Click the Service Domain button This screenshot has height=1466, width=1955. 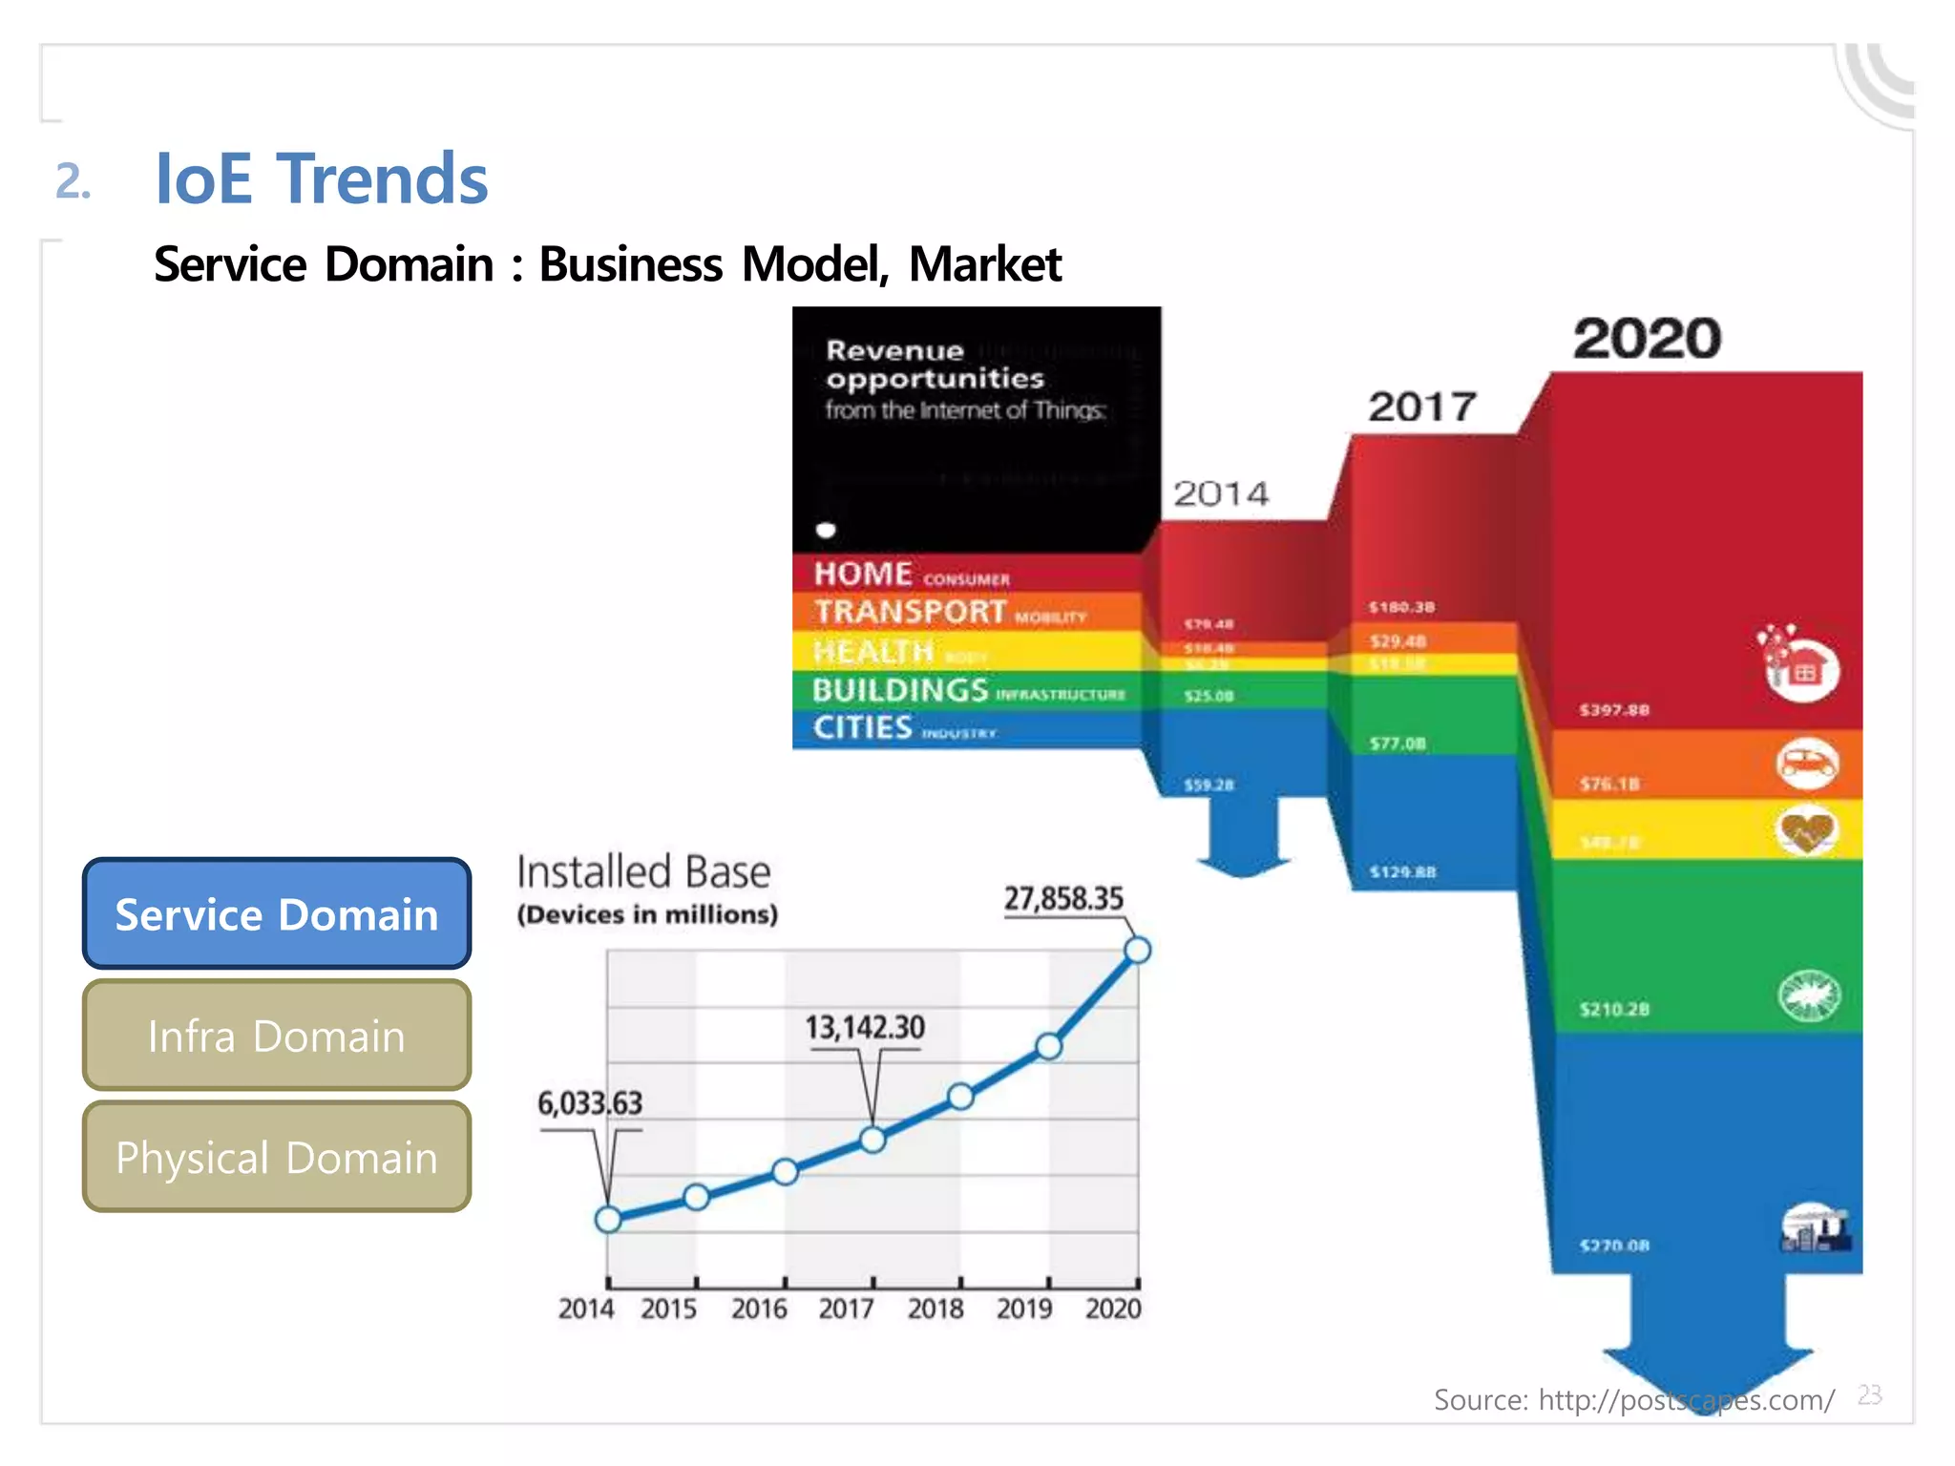point(277,913)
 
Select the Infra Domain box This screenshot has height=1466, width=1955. point(277,1036)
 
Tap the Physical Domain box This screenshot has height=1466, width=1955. point(277,1157)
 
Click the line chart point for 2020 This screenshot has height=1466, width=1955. point(1137,950)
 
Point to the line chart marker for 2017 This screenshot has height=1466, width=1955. point(872,1140)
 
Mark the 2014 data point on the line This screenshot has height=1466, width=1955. point(608,1219)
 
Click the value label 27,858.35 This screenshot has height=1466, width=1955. point(1063,898)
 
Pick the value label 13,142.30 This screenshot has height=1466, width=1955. point(864,1027)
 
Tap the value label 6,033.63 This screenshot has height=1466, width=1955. point(590,1103)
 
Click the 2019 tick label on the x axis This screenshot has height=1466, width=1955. point(1024,1309)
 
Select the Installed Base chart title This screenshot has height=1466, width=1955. point(643,872)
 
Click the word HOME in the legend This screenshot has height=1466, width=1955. point(863,574)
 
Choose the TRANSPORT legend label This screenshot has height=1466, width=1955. point(910,612)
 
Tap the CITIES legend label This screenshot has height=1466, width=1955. point(863,727)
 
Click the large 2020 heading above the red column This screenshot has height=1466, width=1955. point(1647,339)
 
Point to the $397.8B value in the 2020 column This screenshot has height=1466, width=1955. point(1614,710)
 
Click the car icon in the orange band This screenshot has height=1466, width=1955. point(1806,764)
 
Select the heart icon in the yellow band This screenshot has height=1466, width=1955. point(1806,830)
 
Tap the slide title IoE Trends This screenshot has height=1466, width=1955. point(321,179)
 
